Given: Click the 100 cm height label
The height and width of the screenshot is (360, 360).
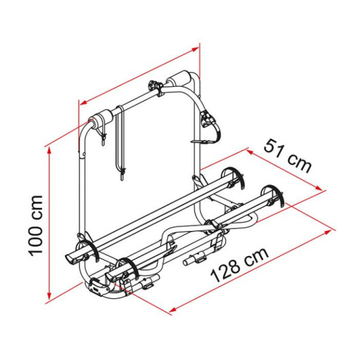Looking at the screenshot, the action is coord(35,225).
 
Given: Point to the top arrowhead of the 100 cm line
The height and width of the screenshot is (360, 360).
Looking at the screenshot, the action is coord(49,151).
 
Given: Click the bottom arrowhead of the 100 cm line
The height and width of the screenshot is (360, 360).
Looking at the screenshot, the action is coord(49,295).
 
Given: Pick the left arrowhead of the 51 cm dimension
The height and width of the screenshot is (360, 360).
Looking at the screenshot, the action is coord(250,151).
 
